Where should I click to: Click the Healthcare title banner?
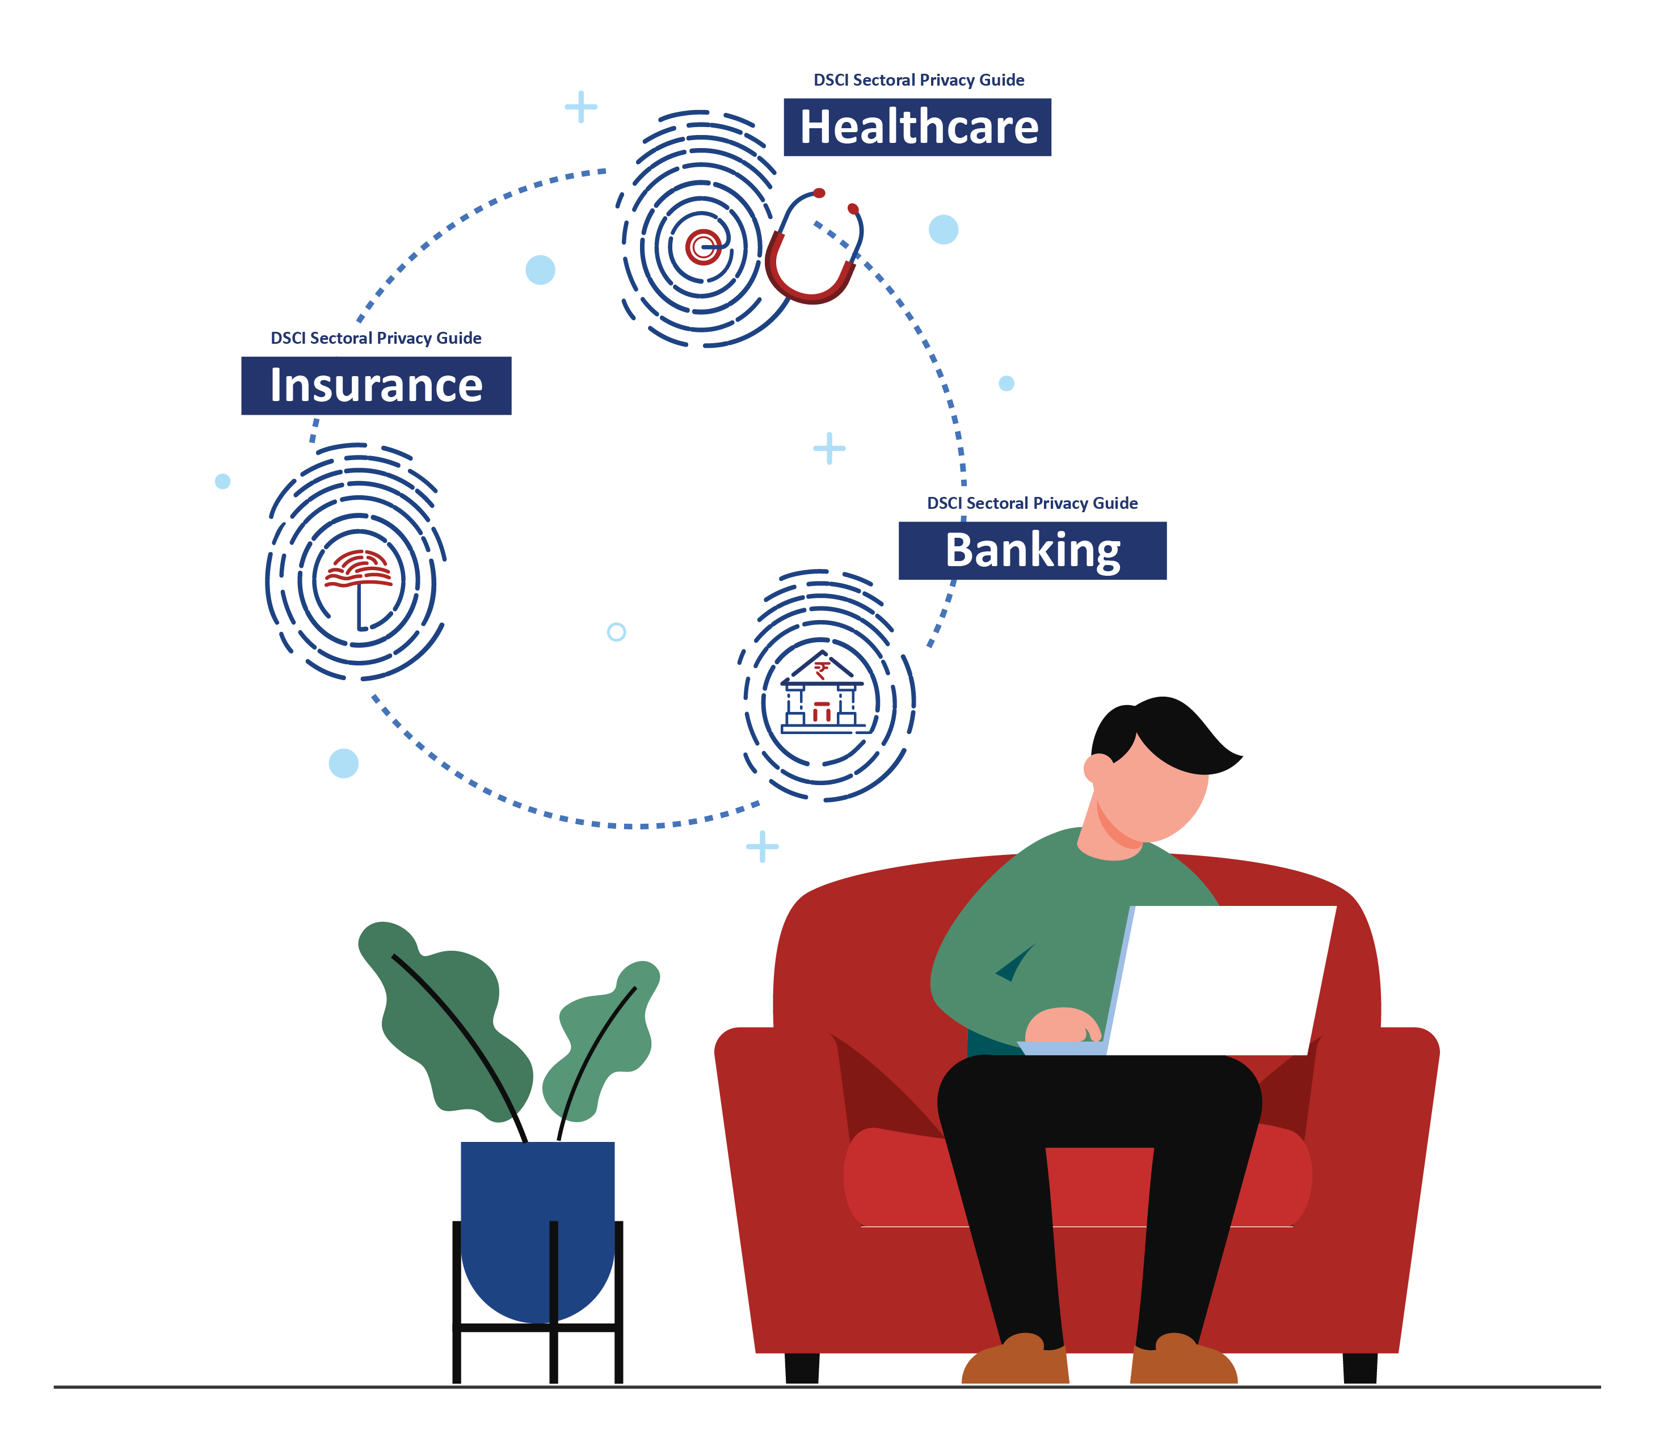pyautogui.click(x=917, y=128)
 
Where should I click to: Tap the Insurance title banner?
pyautogui.click(x=376, y=386)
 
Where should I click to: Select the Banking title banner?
pyautogui.click(x=1032, y=550)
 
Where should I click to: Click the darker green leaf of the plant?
pyautogui.click(x=444, y=1017)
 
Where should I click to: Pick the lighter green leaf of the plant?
pyautogui.click(x=601, y=1041)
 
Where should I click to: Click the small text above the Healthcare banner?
pyautogui.click(x=919, y=80)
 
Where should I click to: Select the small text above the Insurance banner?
pyautogui.click(x=376, y=338)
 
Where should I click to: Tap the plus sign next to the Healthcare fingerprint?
pyautogui.click(x=580, y=107)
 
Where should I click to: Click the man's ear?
pyautogui.click(x=1097, y=768)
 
